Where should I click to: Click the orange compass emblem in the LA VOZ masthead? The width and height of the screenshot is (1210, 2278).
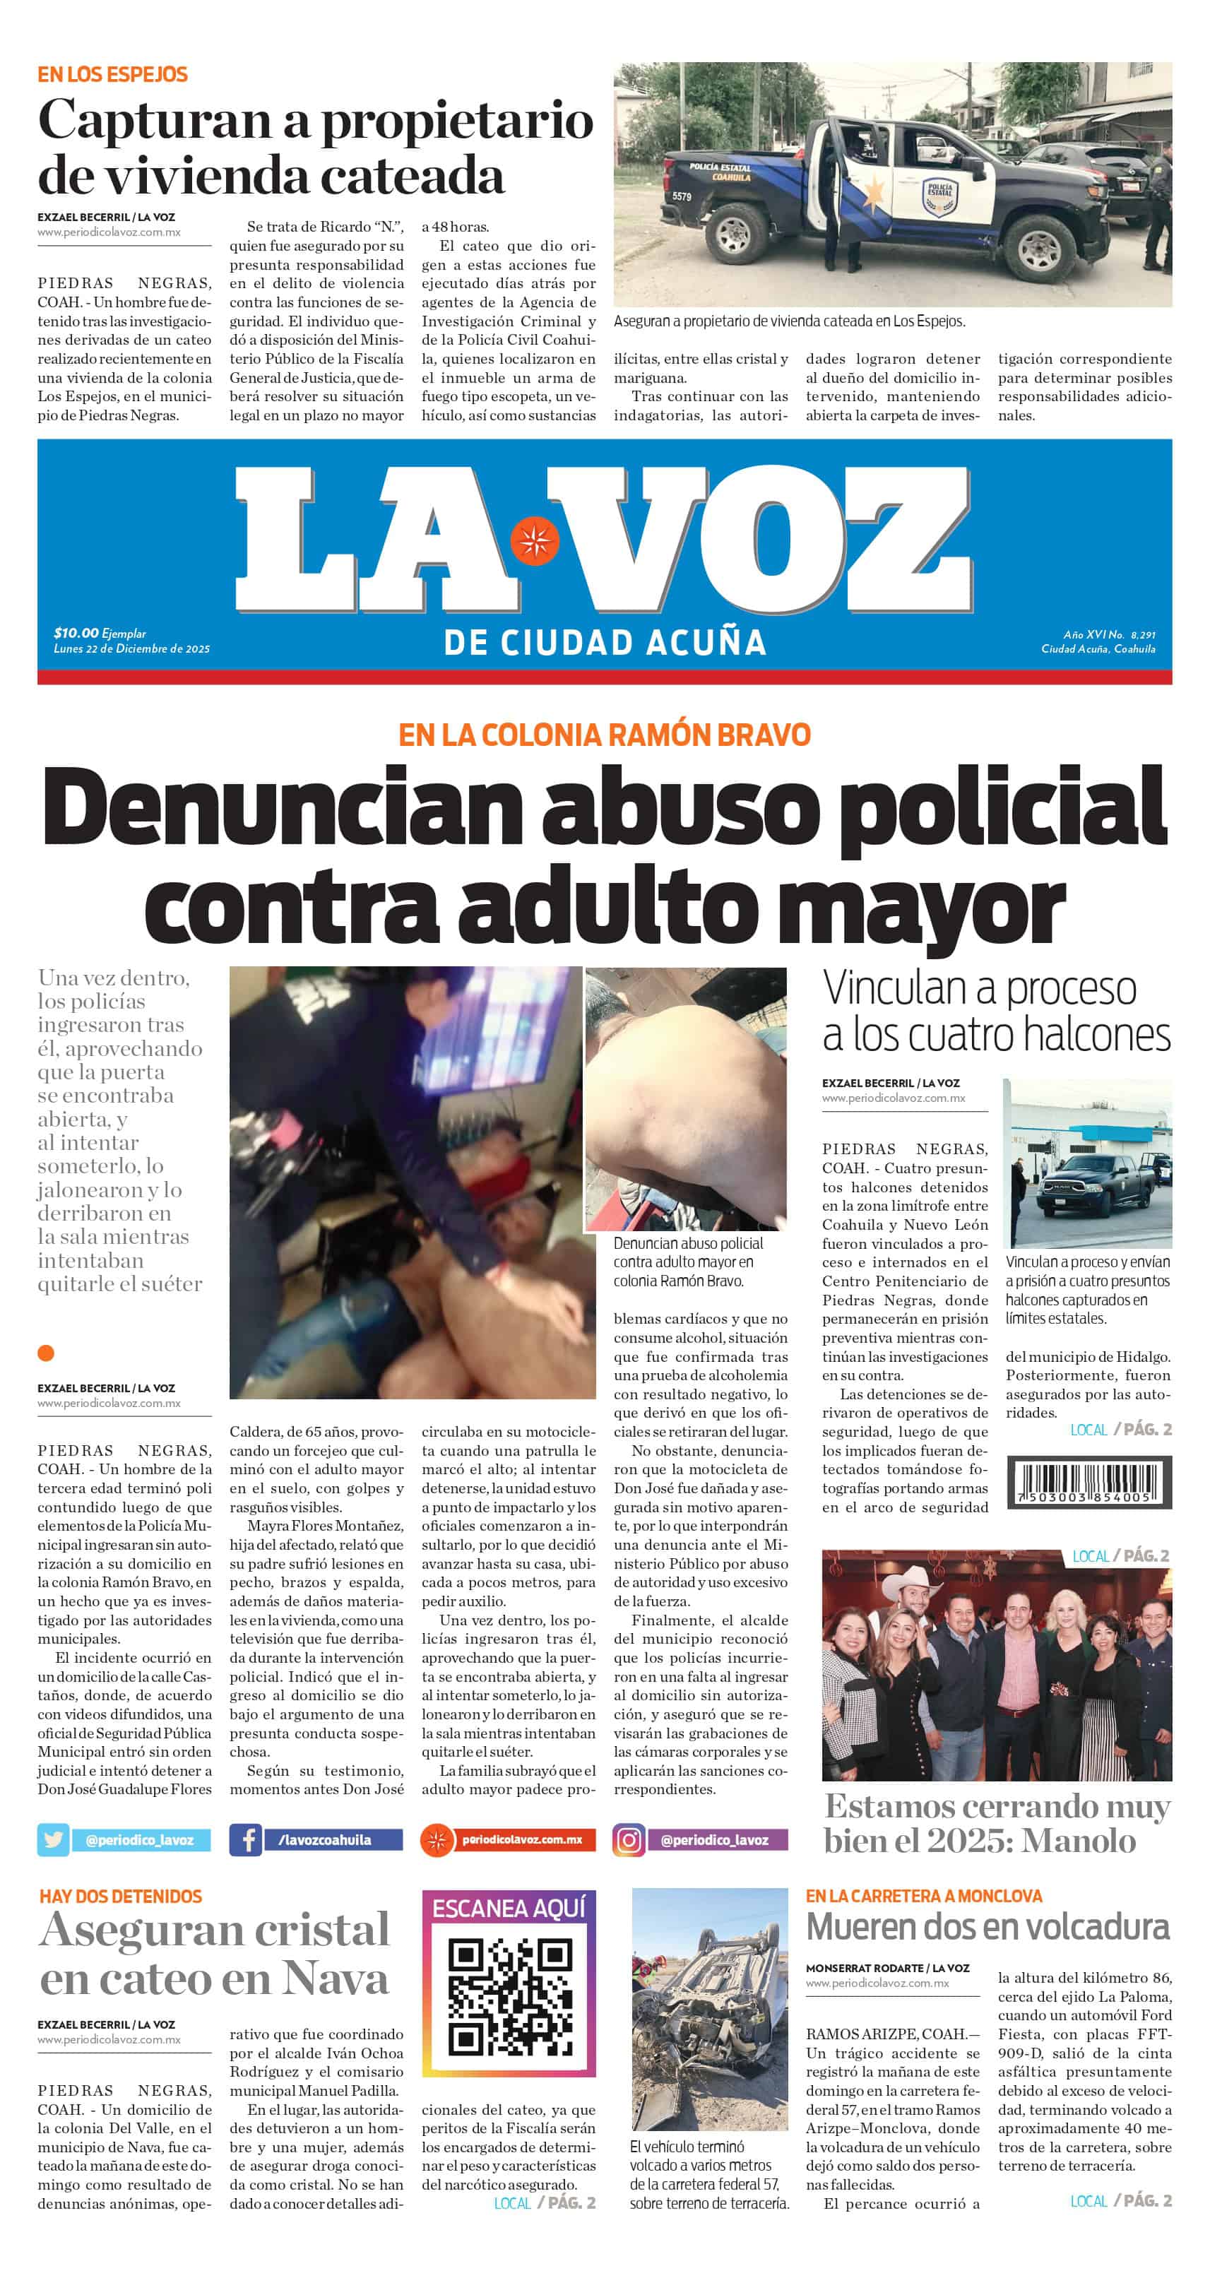(x=534, y=540)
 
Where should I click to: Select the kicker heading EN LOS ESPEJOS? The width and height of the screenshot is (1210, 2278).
(x=112, y=74)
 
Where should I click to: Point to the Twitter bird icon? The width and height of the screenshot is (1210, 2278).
(x=53, y=1839)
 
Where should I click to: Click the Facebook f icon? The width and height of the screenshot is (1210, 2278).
(x=246, y=1839)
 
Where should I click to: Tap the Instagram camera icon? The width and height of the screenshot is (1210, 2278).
(x=629, y=1839)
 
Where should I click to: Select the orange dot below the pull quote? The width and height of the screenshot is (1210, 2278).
(x=46, y=1352)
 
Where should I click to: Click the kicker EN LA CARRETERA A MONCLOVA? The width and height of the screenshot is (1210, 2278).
(x=923, y=1896)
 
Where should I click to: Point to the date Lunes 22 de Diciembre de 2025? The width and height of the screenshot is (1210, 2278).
(x=132, y=648)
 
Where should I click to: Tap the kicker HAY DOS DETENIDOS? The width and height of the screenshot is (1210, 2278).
(x=120, y=1896)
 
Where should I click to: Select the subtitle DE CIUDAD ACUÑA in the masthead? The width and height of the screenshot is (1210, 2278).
(x=604, y=643)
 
